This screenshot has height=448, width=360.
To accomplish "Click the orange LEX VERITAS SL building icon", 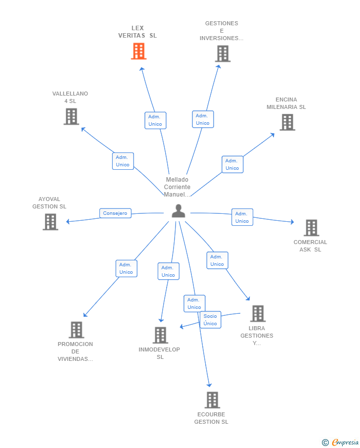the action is tap(139, 51).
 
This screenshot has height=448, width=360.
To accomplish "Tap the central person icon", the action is tap(179, 211).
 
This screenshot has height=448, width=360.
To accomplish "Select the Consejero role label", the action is tap(115, 213).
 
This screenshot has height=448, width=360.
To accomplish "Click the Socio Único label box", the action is tap(210, 320).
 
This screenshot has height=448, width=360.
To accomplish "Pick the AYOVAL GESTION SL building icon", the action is tap(50, 222).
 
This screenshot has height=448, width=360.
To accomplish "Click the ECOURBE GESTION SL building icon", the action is tap(213, 399).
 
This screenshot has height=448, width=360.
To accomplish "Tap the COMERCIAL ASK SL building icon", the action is tap(312, 228).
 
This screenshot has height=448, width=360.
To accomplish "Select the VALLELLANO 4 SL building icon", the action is tap(71, 116).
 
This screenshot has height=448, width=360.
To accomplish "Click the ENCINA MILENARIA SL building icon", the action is tap(287, 122).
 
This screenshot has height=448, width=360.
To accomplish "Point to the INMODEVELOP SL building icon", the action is tap(160, 335).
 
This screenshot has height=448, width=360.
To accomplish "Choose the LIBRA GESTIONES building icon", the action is tap(258, 313).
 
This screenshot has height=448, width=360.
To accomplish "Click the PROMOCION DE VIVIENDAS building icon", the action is tap(77, 330).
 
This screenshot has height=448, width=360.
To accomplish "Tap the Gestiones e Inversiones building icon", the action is tap(223, 54).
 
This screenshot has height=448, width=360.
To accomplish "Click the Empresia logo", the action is tap(340, 442).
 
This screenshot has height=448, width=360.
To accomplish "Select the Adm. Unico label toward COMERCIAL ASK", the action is tap(242, 217).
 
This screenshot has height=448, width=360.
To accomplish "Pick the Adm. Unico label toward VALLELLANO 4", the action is tap(123, 161).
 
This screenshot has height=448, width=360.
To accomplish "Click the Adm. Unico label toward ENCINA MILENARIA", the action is tap(232, 164).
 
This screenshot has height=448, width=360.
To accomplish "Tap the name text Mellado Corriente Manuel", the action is tap(177, 187).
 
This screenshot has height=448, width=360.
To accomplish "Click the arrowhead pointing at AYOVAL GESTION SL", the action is tap(68, 221).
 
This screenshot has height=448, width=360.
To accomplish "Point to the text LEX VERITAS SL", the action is tap(137, 32).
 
